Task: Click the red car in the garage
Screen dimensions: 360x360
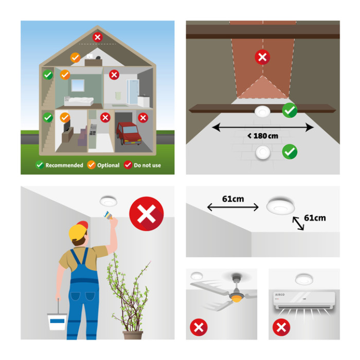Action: coord(129,133)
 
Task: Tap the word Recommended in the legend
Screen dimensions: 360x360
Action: coord(64,165)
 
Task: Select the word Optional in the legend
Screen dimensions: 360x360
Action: coord(108,165)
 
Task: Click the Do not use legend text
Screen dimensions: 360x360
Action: coord(147,165)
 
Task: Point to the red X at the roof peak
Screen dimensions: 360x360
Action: coord(97,37)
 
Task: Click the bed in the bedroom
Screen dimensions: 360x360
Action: coord(79,101)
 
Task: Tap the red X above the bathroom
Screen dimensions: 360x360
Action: coord(114,75)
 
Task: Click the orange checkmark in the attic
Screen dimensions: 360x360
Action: coord(75,58)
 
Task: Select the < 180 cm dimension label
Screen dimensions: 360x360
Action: coord(263,136)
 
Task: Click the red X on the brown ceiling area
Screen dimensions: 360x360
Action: coord(262,57)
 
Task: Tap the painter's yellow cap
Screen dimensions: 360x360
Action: coord(78,230)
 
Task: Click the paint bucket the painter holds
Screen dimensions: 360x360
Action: coord(57,321)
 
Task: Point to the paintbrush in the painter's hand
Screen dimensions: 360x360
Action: coord(108,215)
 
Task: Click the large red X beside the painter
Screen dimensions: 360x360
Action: coord(147,214)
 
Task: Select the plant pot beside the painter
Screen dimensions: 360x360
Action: coord(133,335)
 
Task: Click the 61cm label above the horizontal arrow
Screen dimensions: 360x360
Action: coord(233,199)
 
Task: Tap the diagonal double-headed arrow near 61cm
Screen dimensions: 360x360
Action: coord(298,223)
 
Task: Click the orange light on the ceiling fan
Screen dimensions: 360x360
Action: coord(237,299)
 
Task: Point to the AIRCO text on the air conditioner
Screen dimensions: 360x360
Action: coord(280,295)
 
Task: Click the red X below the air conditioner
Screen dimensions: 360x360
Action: coord(281,327)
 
